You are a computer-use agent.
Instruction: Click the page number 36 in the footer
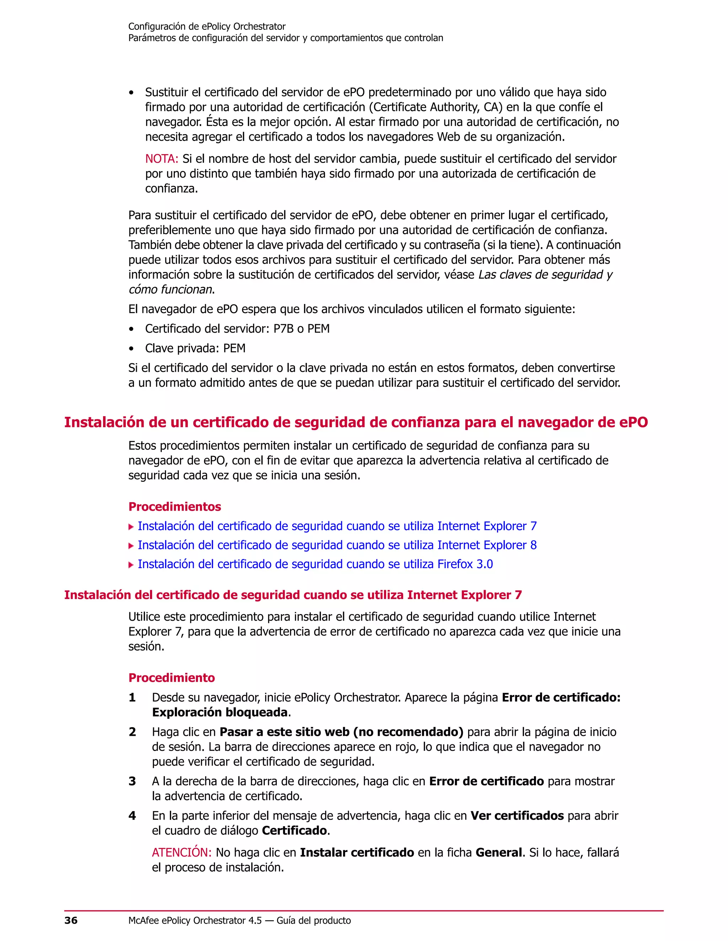(x=71, y=920)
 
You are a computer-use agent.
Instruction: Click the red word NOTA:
(x=162, y=159)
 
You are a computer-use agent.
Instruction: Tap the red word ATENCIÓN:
(x=182, y=853)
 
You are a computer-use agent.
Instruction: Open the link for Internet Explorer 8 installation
(x=337, y=545)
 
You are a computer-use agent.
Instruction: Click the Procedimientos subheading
(x=175, y=507)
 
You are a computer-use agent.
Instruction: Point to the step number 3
(x=132, y=781)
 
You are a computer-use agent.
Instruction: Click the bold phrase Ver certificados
(x=516, y=816)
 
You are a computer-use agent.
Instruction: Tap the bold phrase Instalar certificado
(x=357, y=853)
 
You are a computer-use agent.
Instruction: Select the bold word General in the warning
(x=499, y=853)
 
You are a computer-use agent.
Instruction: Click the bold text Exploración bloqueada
(x=220, y=712)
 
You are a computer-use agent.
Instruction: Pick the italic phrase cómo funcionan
(x=170, y=289)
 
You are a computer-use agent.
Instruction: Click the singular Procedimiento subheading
(x=172, y=678)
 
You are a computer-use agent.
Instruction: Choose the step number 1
(x=132, y=697)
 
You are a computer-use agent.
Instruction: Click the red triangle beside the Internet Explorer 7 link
(x=131, y=527)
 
